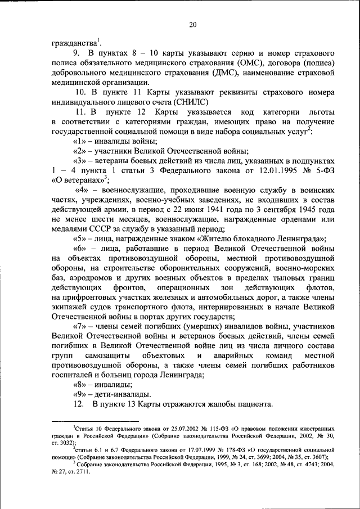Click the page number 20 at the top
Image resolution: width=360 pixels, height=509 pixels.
pyautogui.click(x=192, y=24)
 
